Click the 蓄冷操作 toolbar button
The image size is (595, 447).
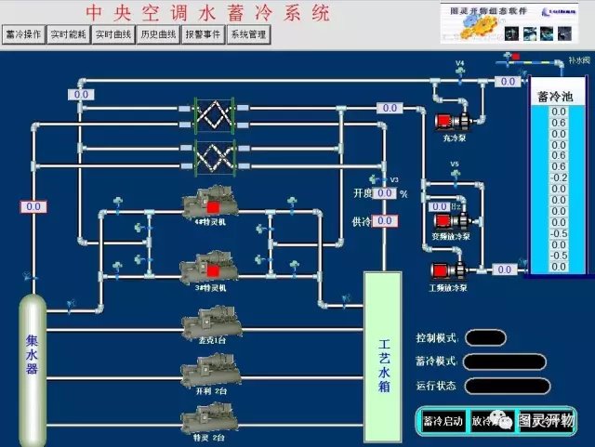click(24, 35)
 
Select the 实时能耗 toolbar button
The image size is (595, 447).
click(68, 35)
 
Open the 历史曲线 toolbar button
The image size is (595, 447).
click(158, 35)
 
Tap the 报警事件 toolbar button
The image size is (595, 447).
click(203, 35)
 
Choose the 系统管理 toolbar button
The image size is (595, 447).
click(248, 35)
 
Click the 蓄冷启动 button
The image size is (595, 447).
click(443, 421)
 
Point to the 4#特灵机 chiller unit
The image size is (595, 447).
click(210, 204)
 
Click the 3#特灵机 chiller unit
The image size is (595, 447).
click(210, 270)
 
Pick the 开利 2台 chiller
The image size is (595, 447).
click(210, 371)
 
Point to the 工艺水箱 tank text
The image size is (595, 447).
click(383, 366)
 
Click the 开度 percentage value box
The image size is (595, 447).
click(384, 194)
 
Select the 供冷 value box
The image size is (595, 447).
click(385, 221)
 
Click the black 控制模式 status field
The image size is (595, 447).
click(486, 337)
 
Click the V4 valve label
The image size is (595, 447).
click(459, 64)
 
